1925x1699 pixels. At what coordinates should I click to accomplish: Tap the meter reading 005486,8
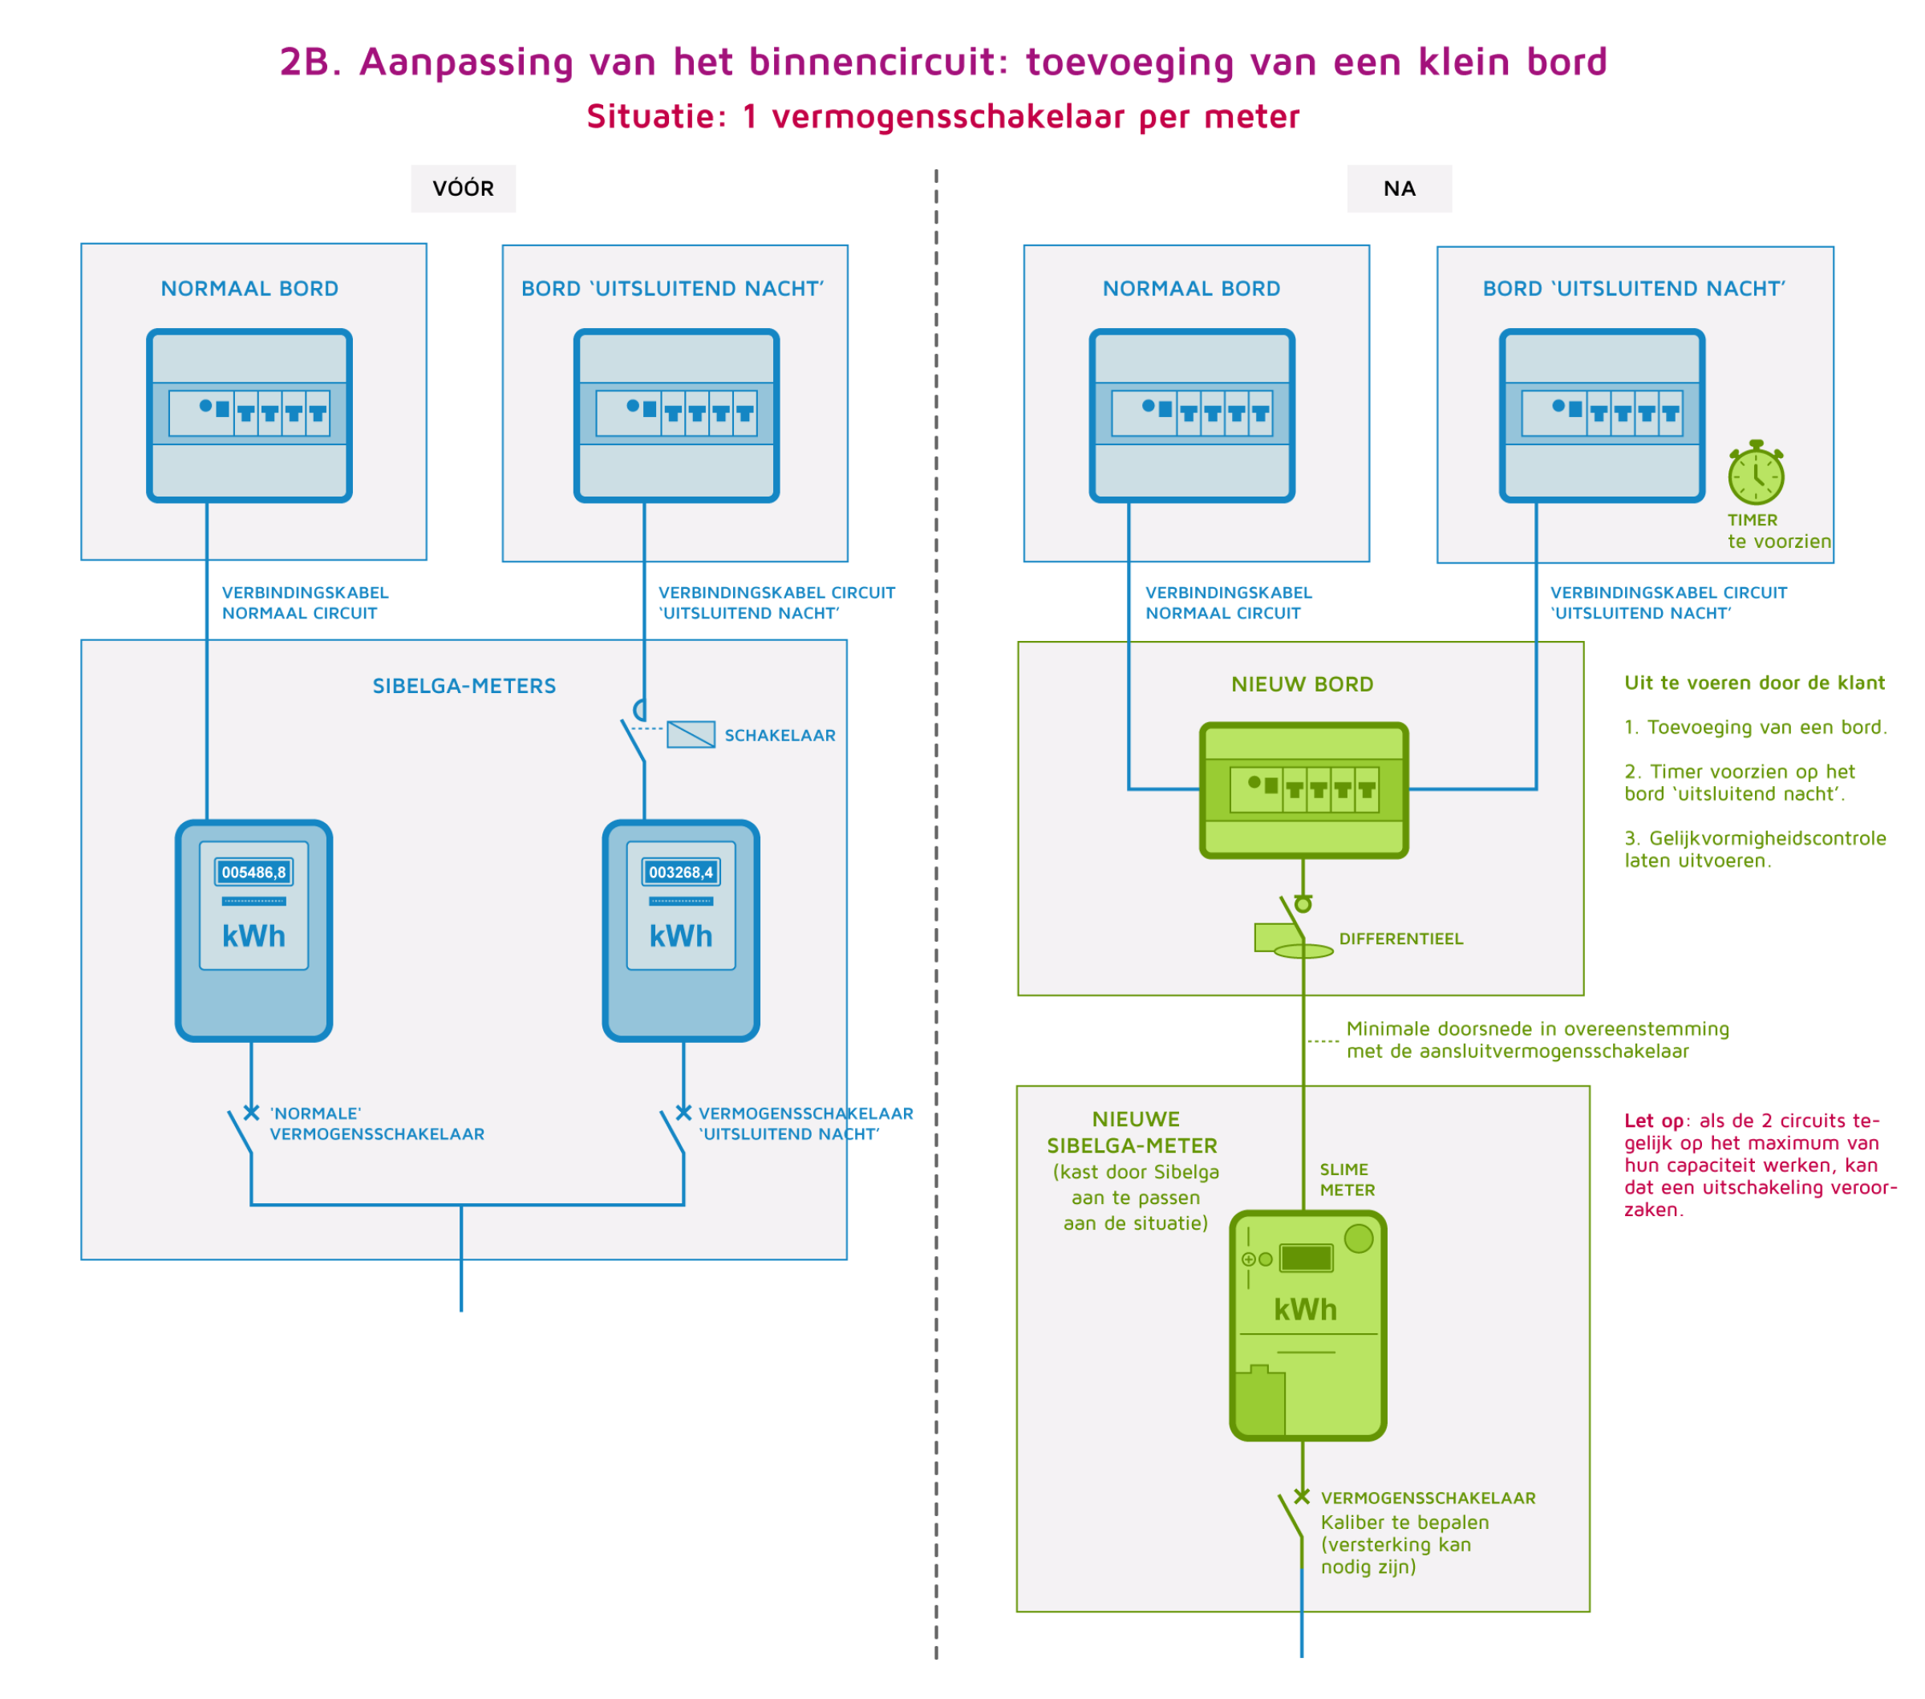[x=253, y=872]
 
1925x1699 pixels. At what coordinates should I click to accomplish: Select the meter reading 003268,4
[x=681, y=872]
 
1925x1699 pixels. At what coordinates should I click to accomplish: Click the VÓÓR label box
[x=464, y=189]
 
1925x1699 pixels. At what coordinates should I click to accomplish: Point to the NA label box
[x=1400, y=189]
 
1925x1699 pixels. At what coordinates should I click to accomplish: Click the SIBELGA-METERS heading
[x=464, y=686]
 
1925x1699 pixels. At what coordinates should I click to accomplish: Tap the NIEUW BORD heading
[x=1303, y=683]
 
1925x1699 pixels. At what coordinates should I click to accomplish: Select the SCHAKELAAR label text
[x=780, y=736]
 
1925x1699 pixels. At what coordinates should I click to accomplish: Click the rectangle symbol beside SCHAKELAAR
[x=691, y=735]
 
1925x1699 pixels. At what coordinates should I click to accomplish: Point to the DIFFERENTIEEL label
[x=1401, y=939]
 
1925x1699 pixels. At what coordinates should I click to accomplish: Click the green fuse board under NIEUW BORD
[x=1304, y=790]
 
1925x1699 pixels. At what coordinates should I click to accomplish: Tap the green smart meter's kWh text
[x=1305, y=1310]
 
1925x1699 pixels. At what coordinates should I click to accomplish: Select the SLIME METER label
[x=1347, y=1180]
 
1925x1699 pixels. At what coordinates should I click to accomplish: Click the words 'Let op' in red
[x=1654, y=1121]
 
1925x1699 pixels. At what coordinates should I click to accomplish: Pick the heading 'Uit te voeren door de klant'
[x=1754, y=683]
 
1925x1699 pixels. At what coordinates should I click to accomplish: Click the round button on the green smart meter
[x=1359, y=1239]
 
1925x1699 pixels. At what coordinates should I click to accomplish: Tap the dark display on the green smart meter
[x=1307, y=1259]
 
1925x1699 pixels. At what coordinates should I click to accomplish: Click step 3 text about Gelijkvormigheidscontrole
[x=1756, y=849]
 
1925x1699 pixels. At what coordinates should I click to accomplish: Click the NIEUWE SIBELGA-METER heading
[x=1133, y=1133]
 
